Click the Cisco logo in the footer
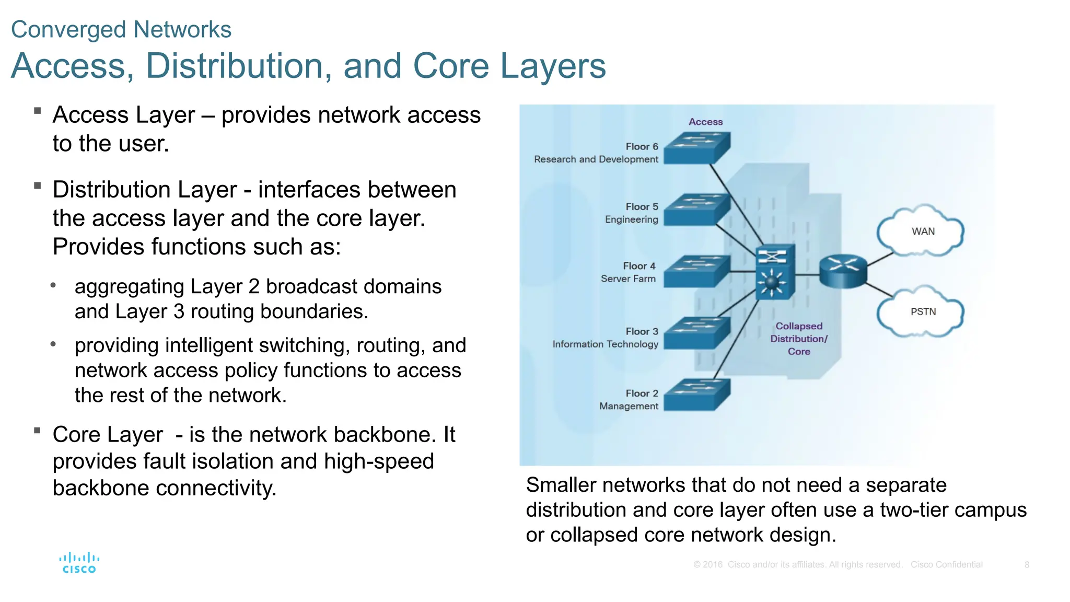pos(79,563)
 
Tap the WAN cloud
pos(922,231)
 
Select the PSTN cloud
pos(922,311)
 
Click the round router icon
pos(842,271)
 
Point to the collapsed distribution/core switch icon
pos(775,272)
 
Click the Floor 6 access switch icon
pos(697,148)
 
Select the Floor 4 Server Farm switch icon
pos(697,271)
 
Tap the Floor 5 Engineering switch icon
pos(697,210)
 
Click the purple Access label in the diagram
pos(705,122)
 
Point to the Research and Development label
pos(596,159)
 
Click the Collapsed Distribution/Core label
pos(799,339)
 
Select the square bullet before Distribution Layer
pos(37,186)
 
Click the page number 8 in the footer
pos(1027,564)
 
